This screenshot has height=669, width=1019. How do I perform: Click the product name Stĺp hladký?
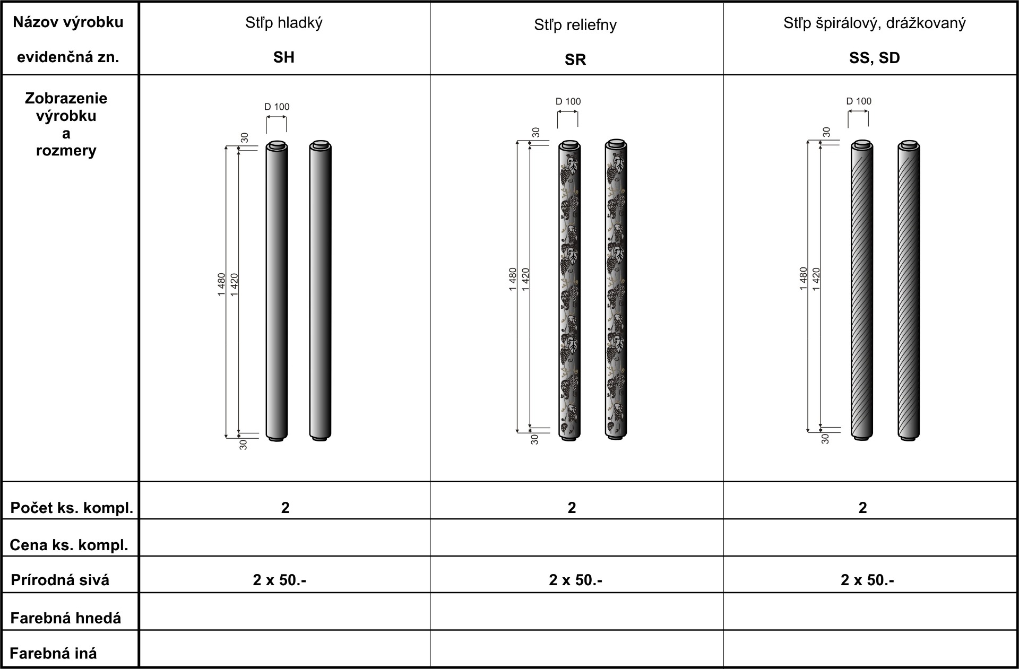284,23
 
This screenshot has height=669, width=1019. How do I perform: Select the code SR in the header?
575,60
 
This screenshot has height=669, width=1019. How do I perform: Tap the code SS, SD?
875,58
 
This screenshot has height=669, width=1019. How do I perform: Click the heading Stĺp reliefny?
575,25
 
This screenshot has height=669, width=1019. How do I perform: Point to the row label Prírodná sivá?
60,580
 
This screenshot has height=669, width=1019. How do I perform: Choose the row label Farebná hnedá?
66,618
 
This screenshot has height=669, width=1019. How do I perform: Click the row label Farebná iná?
54,653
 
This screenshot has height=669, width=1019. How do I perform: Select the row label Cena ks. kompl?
69,545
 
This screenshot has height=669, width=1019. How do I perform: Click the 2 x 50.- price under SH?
280,580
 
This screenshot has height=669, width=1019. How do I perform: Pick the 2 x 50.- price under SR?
575,580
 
